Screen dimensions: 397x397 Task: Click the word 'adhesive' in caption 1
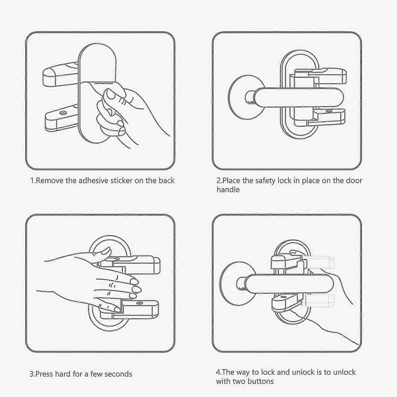(93, 181)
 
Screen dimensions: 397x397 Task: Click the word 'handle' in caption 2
(228, 190)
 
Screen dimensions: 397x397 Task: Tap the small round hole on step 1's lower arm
(63, 113)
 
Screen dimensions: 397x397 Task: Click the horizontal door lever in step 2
(299, 97)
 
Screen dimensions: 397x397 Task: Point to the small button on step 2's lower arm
(329, 111)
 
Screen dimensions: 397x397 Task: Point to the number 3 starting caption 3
(31, 374)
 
